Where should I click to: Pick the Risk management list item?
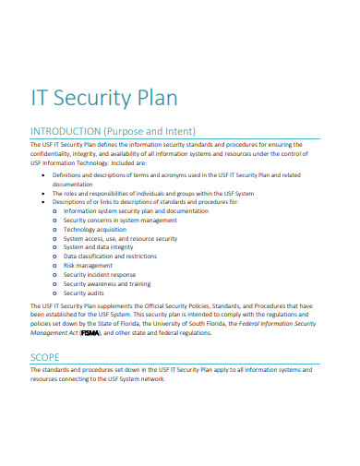point(88,265)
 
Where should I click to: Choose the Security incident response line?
point(99,274)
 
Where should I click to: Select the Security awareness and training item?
point(106,283)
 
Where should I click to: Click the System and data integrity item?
point(100,247)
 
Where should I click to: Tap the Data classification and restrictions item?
point(110,257)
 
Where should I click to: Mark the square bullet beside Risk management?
point(55,265)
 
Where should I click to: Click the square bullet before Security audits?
point(55,293)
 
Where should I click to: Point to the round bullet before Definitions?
point(45,174)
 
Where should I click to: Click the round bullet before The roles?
point(45,192)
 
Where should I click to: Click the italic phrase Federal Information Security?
point(276,323)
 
